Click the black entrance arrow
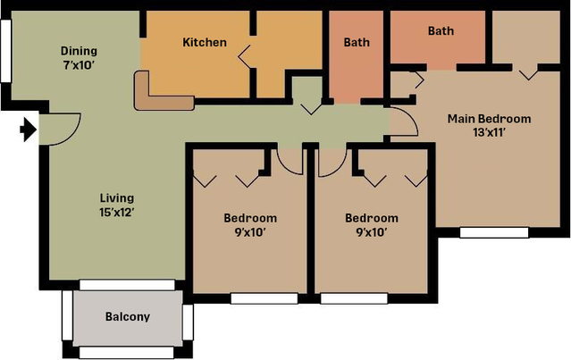(x=29, y=130)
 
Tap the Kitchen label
(x=205, y=42)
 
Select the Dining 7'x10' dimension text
(x=79, y=65)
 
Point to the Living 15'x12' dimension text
(x=117, y=212)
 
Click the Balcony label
(x=128, y=317)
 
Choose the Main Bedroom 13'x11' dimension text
(x=489, y=132)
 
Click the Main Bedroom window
(x=494, y=232)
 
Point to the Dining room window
(x=6, y=51)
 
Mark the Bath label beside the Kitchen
(x=357, y=42)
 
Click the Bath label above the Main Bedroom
(x=441, y=31)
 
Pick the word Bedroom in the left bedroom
(x=250, y=218)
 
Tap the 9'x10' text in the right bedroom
(x=372, y=232)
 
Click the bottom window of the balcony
(x=126, y=352)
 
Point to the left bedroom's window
(x=265, y=298)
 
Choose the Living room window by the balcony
(x=127, y=285)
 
